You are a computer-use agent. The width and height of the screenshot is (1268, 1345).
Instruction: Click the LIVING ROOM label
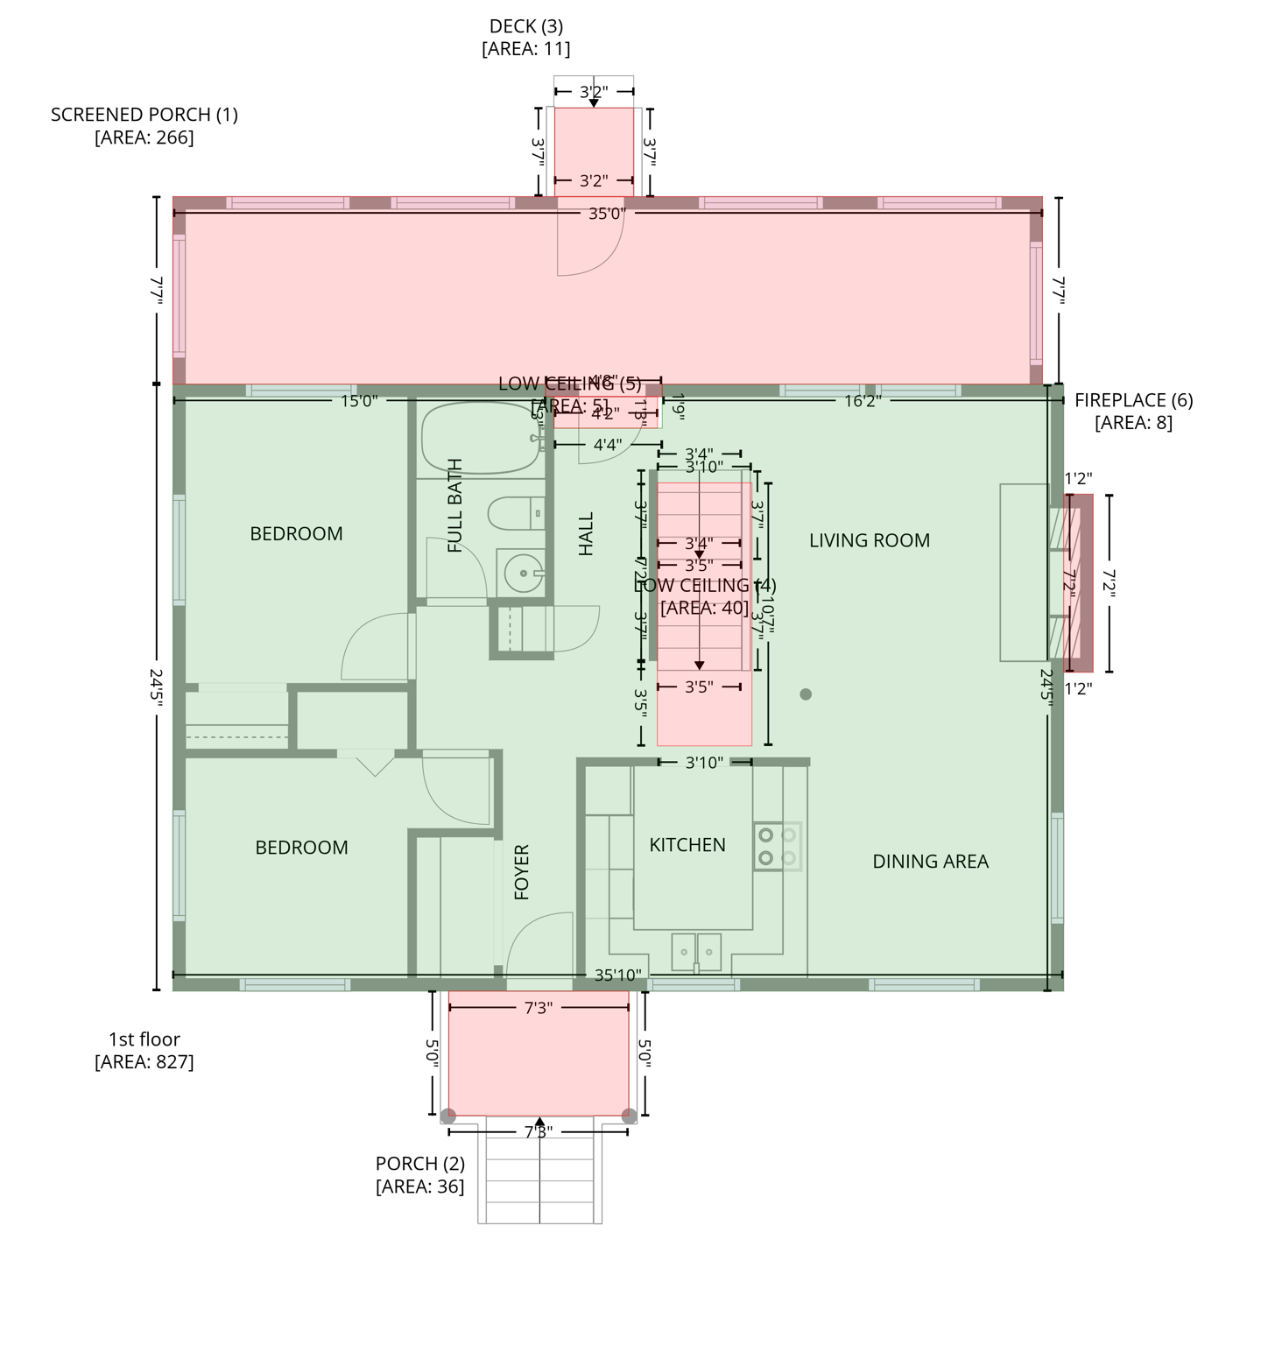pyautogui.click(x=869, y=540)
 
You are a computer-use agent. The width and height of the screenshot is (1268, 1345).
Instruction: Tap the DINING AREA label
pyautogui.click(x=930, y=862)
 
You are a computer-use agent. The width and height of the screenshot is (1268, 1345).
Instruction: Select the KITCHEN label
pyautogui.click(x=687, y=845)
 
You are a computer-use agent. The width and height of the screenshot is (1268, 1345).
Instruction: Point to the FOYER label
pyautogui.click(x=522, y=872)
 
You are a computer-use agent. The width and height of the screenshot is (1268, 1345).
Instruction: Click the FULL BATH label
pyautogui.click(x=455, y=506)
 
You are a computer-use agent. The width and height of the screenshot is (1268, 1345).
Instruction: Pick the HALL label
pyautogui.click(x=587, y=534)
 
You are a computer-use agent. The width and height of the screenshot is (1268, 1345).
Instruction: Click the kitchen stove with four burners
pyautogui.click(x=777, y=846)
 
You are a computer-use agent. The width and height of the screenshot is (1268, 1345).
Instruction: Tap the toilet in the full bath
pyautogui.click(x=515, y=514)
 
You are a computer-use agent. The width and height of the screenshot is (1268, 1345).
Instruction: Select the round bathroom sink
pyautogui.click(x=523, y=574)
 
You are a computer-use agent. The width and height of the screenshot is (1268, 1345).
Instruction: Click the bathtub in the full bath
pyautogui.click(x=480, y=438)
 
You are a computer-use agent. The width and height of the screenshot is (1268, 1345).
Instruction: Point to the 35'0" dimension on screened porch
pyautogui.click(x=607, y=214)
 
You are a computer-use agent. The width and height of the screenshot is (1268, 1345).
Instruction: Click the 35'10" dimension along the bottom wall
pyautogui.click(x=617, y=975)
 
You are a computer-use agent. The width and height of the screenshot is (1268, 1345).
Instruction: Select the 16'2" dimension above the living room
pyautogui.click(x=862, y=401)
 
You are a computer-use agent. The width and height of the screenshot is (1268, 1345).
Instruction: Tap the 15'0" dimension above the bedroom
pyautogui.click(x=359, y=401)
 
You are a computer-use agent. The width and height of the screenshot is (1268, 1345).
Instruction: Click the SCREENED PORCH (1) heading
pyautogui.click(x=144, y=115)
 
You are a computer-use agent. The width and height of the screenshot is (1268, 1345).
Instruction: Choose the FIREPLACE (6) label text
pyautogui.click(x=1133, y=400)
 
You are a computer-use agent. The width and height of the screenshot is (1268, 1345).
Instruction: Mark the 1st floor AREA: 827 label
pyautogui.click(x=144, y=1051)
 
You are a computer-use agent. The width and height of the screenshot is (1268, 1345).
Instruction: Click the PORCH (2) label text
pyautogui.click(x=420, y=1164)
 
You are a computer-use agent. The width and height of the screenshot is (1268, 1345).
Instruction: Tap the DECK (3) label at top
pyautogui.click(x=525, y=27)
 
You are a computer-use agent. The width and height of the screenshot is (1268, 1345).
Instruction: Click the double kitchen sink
pyautogui.click(x=696, y=952)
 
